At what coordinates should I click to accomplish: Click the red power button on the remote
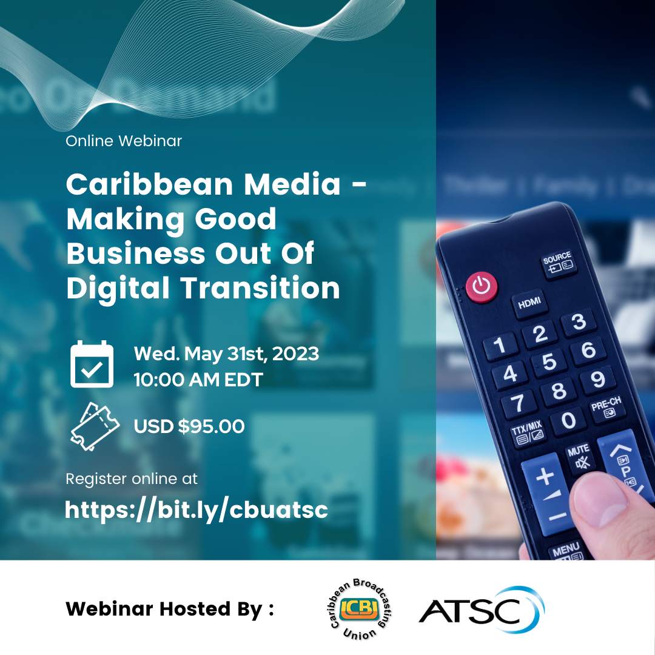(482, 286)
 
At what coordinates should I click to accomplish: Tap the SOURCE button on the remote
(557, 262)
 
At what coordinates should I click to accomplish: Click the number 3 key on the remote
(579, 321)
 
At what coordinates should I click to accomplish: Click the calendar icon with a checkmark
(92, 364)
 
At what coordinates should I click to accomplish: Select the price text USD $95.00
(189, 426)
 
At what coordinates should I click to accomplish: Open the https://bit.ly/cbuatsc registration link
(196, 509)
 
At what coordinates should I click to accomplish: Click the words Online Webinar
(124, 141)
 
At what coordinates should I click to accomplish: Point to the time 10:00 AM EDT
(198, 380)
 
